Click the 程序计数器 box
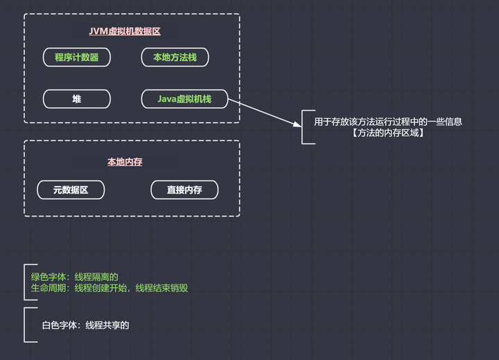pos(77,58)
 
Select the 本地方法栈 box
pos(175,58)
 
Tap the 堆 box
pos(77,99)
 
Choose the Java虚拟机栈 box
pos(184,99)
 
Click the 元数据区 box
pos(71,190)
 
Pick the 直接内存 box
pos(184,190)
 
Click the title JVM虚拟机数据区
pos(125,31)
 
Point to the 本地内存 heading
pos(125,162)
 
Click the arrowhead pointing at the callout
pos(297,124)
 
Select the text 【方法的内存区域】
pos(388,133)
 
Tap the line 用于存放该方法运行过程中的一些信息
pos(388,121)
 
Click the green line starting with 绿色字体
pos(74,277)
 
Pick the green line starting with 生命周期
pos(110,288)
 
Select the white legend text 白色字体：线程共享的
pos(86,325)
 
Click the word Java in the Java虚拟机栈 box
pos(167,99)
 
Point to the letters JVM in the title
pos(98,31)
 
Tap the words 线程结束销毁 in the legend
pos(161,288)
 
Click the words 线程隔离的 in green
pos(96,277)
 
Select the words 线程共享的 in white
pos(107,325)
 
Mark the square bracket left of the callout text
pos(302,127)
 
